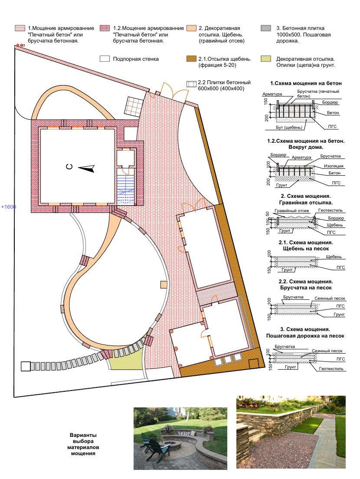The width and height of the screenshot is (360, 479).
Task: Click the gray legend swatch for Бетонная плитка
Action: (265, 28)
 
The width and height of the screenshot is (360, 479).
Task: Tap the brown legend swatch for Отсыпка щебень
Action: (191, 59)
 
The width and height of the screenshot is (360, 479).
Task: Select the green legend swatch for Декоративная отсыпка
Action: (265, 59)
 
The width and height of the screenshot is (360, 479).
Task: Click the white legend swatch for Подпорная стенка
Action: (105, 59)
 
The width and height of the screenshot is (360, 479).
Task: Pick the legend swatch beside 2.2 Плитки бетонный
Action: (191, 84)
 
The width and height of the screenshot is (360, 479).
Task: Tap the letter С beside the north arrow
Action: (69, 167)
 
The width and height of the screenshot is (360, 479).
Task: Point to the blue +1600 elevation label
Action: (9, 207)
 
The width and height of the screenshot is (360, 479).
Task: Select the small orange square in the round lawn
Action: (164, 285)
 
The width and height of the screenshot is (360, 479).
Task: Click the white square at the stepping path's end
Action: (26, 366)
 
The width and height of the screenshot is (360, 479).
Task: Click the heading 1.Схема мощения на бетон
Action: (306, 83)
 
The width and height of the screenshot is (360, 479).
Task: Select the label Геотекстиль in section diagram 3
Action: (331, 369)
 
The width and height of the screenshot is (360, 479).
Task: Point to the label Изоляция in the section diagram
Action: (334, 166)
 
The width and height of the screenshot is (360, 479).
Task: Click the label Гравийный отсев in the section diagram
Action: (291, 211)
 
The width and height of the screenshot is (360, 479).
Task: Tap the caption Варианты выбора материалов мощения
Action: (83, 444)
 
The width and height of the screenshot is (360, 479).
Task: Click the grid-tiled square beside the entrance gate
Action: (134, 107)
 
